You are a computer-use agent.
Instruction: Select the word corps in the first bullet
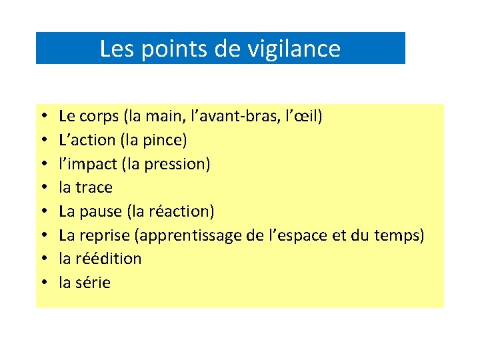tap(99, 117)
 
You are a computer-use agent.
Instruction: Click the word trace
tap(95, 187)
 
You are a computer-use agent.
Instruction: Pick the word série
tap(94, 283)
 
